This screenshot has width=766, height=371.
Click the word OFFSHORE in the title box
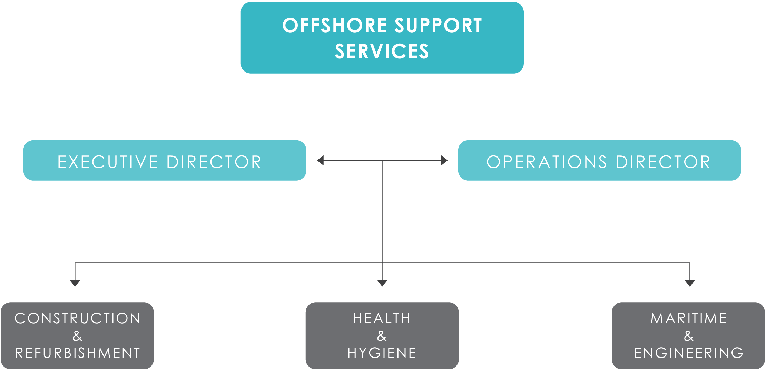(335, 26)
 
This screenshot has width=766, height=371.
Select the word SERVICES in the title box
(382, 51)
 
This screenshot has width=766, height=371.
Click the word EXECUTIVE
(108, 162)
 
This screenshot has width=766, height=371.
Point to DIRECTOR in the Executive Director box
(214, 162)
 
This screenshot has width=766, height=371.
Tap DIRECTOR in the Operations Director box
(663, 162)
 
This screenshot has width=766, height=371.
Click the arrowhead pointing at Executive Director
(321, 160)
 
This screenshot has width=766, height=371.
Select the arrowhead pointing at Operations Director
(444, 160)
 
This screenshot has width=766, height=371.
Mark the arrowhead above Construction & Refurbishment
(75, 283)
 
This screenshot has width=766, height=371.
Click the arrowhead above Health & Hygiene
(382, 283)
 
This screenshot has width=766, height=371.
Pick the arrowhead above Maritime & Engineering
(690, 283)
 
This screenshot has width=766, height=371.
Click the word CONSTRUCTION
(78, 318)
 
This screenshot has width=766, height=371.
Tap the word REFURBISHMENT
(78, 353)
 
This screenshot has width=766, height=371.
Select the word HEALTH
(382, 318)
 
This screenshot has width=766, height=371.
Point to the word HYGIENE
(382, 353)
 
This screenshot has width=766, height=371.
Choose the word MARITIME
(689, 318)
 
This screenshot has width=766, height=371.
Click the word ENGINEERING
(689, 353)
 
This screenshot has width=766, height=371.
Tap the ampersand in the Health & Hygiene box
(382, 336)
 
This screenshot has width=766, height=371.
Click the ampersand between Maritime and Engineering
(689, 336)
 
